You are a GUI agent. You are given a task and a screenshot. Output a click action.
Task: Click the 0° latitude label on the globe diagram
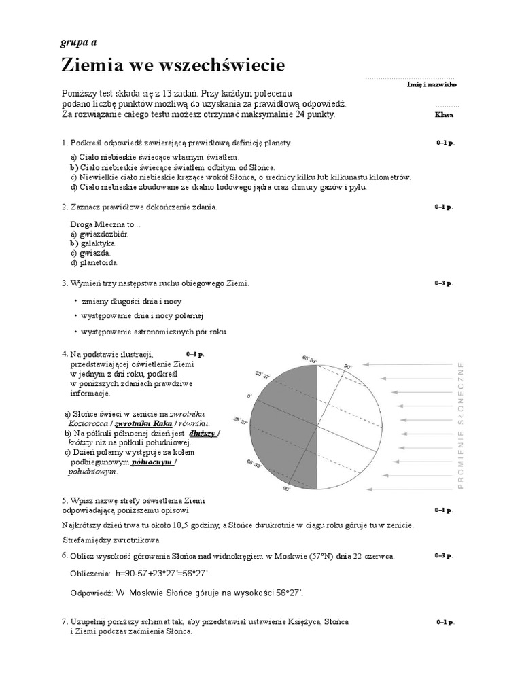[249, 395]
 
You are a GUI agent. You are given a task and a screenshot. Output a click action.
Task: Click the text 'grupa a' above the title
[79, 42]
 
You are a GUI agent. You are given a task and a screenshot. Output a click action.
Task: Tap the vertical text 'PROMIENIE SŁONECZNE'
[462, 425]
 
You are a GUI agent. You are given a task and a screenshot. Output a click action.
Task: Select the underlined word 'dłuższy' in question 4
[202, 432]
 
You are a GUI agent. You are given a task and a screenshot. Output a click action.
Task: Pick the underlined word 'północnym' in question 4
[152, 462]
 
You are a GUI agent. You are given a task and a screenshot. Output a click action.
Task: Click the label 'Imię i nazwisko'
[432, 84]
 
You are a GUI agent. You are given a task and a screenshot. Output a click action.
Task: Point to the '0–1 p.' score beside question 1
[444, 144]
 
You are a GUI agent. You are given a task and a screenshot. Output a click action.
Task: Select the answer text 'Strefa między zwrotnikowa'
[110, 540]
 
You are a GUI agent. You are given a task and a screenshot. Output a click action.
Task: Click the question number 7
[64, 621]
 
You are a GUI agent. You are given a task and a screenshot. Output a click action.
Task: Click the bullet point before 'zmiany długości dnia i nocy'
[75, 300]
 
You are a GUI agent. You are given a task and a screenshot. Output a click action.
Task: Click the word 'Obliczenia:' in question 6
[89, 574]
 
